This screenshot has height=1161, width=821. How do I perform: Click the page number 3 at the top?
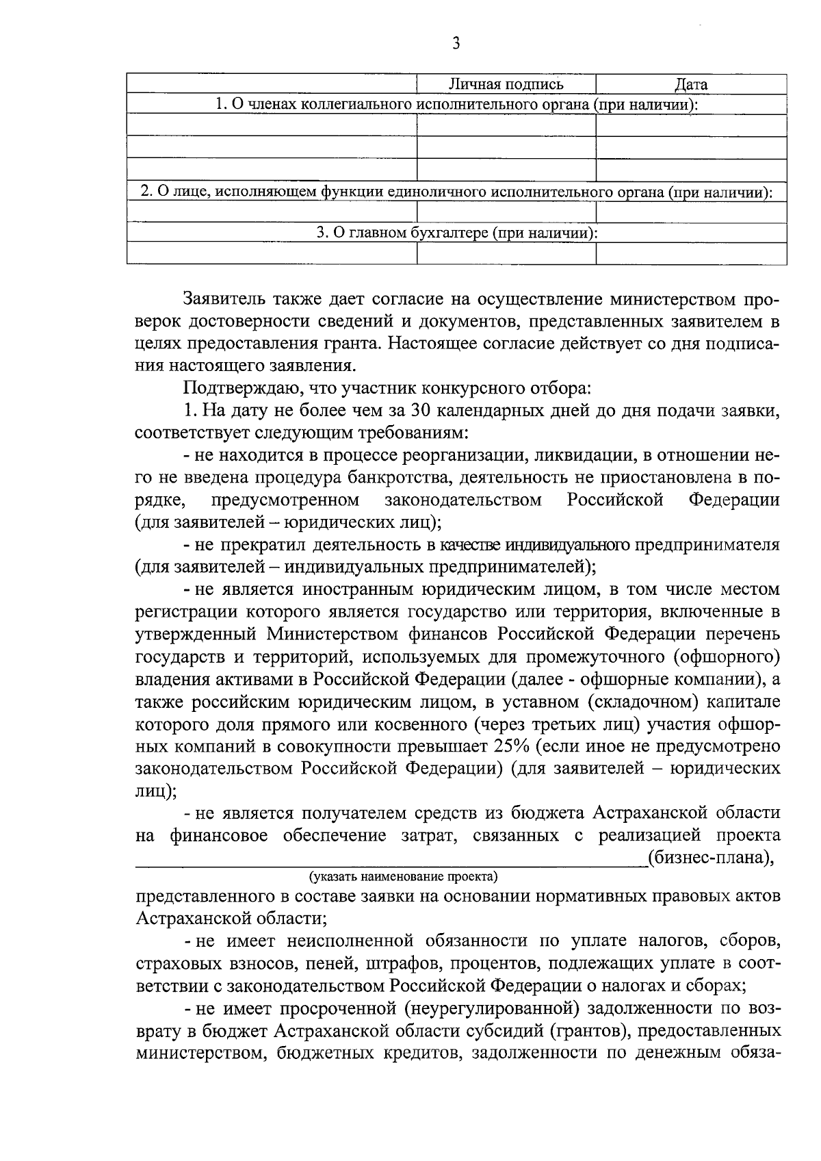tap(456, 44)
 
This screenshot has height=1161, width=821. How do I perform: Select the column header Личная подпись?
tap(506, 85)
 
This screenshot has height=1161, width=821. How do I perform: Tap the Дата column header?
tap(691, 85)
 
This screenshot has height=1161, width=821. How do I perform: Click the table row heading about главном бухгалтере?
tap(457, 233)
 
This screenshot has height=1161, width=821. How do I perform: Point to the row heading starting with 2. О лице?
tap(456, 192)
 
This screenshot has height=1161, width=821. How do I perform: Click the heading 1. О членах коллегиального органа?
tap(456, 105)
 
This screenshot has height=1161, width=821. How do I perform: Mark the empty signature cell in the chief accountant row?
tap(506, 254)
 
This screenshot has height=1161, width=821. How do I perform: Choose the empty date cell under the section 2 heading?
tap(691, 213)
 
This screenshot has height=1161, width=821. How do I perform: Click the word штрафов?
tap(387, 965)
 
